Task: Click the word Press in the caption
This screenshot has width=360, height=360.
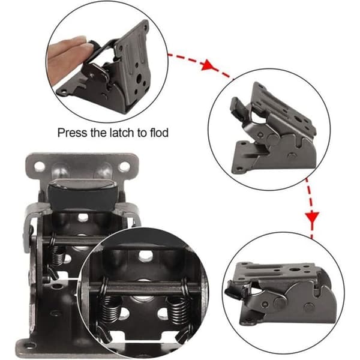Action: (x=73, y=133)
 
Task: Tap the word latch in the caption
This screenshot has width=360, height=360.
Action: (x=122, y=133)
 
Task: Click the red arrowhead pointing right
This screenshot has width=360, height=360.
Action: (x=208, y=65)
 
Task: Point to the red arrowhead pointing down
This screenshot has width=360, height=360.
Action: (x=312, y=217)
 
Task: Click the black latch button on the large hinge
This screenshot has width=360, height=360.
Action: (x=83, y=194)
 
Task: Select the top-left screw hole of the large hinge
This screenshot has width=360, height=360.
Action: (x=39, y=166)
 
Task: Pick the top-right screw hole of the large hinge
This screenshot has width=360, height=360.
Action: (x=124, y=167)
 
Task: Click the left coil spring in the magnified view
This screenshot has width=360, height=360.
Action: (x=110, y=310)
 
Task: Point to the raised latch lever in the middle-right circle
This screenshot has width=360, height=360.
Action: (x=239, y=108)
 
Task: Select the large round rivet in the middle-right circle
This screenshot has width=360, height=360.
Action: (x=273, y=137)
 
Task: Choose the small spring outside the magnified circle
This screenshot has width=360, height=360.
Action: (x=56, y=255)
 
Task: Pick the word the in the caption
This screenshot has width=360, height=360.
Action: (x=98, y=133)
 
